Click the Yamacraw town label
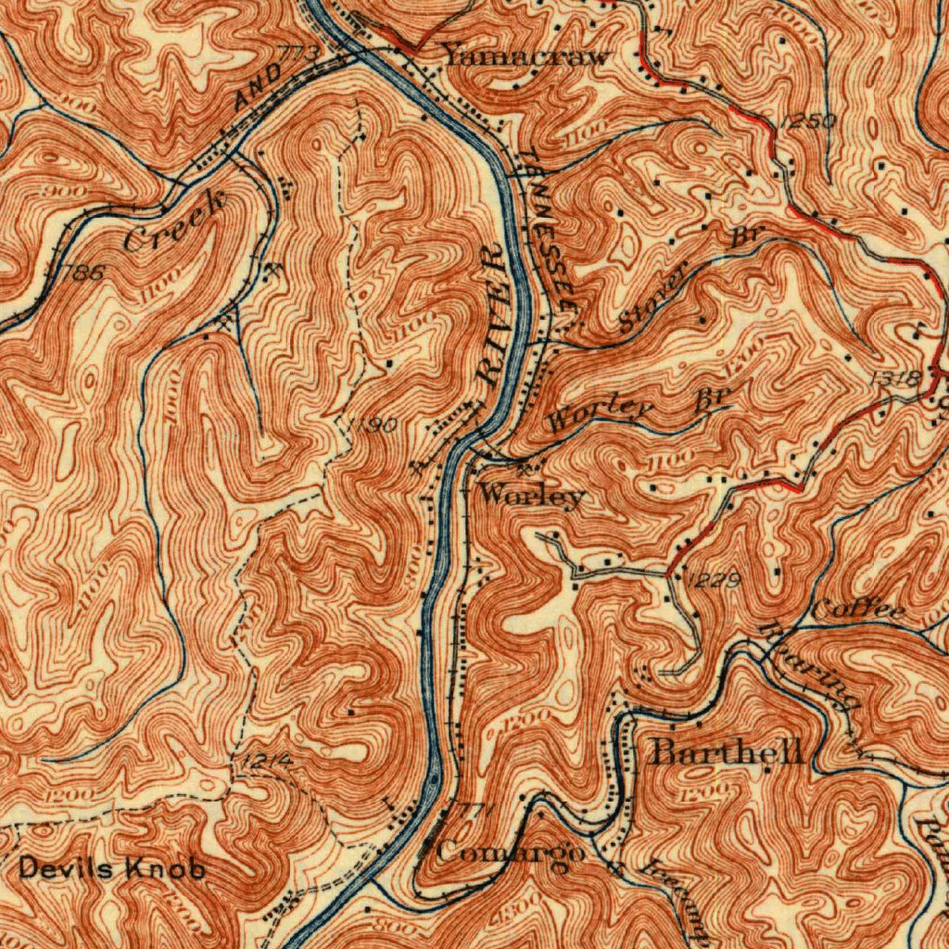tap(526, 55)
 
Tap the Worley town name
tap(532, 496)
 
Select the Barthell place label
tap(727, 752)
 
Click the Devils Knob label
tap(111, 868)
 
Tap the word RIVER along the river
tap(493, 315)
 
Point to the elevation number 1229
tap(714, 581)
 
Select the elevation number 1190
tap(373, 424)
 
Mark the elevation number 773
tap(298, 57)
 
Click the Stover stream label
tap(654, 297)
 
